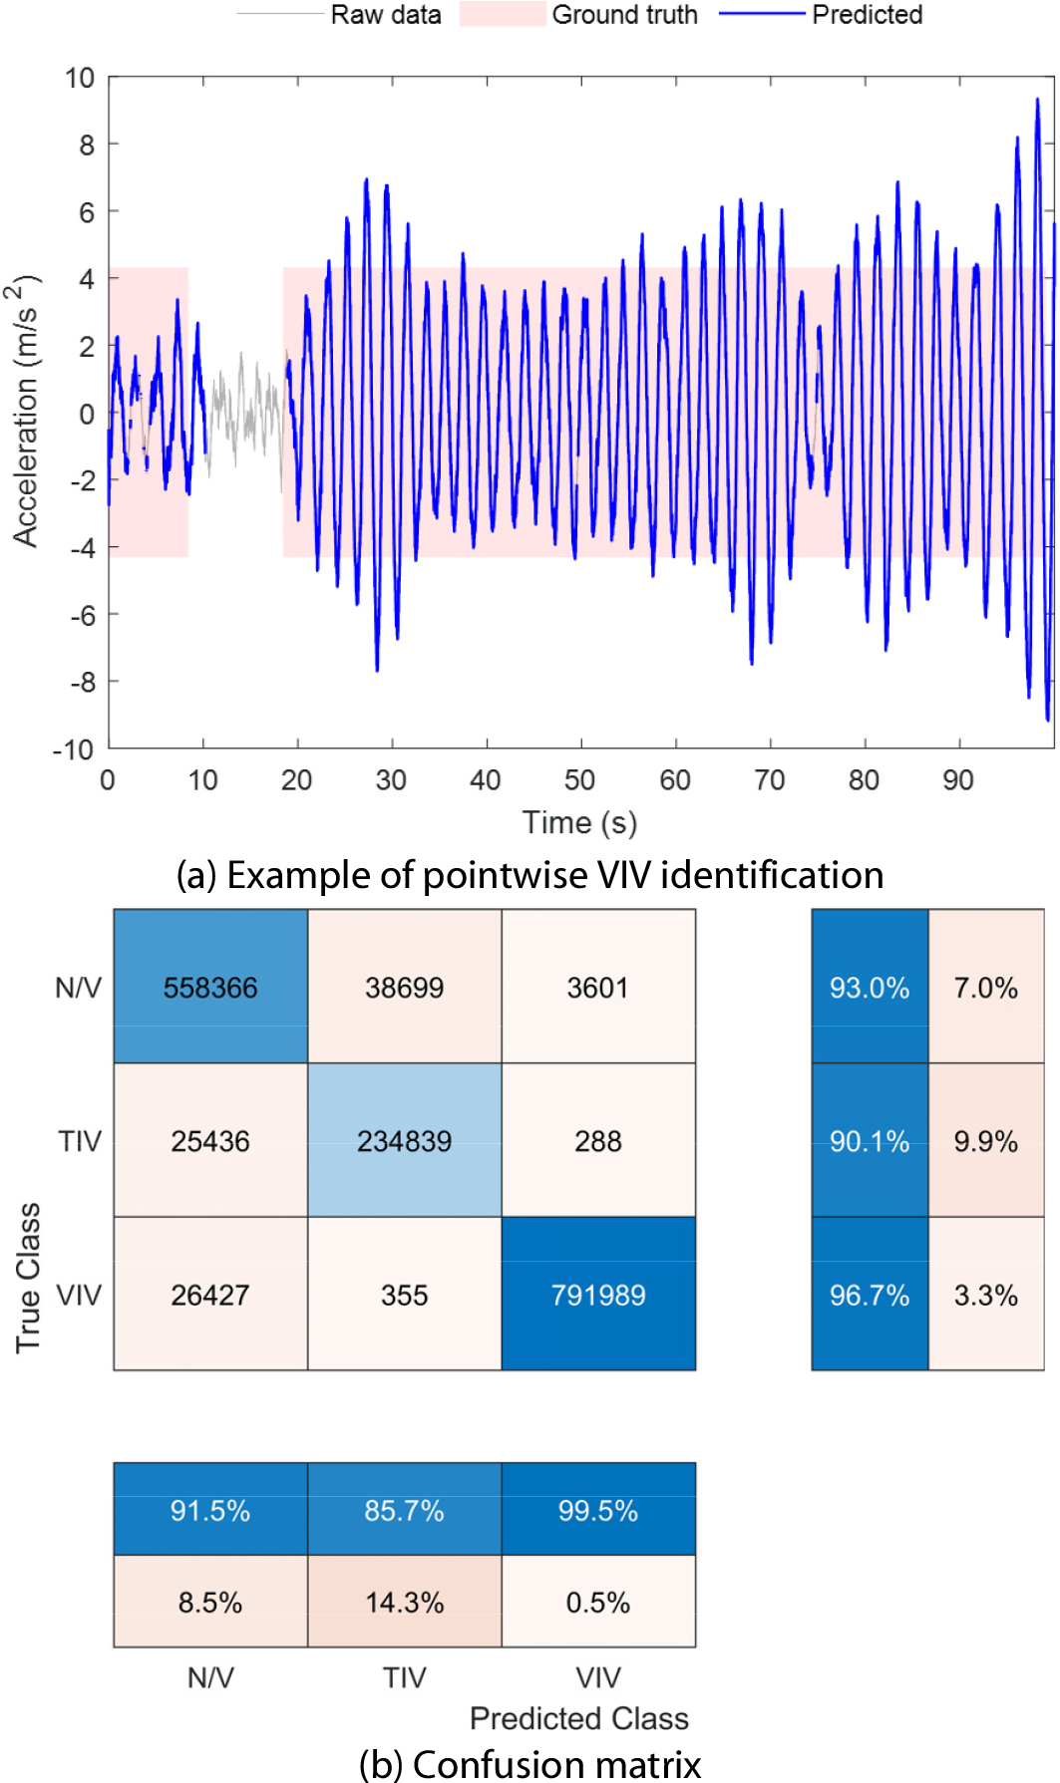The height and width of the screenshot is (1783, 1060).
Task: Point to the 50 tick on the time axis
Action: (x=580, y=779)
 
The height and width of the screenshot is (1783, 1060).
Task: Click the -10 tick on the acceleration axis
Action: (x=73, y=749)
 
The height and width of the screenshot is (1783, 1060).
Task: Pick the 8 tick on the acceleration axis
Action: (x=87, y=146)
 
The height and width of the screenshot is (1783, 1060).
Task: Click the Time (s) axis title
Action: (x=579, y=822)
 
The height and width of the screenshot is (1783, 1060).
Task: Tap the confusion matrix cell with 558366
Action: (x=210, y=987)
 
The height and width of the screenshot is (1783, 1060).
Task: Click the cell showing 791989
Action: (x=598, y=1294)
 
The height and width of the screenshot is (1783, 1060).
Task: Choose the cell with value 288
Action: (x=598, y=1140)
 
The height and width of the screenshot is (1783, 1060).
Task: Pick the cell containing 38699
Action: (x=404, y=987)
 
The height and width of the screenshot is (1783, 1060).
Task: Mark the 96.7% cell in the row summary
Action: (x=870, y=1294)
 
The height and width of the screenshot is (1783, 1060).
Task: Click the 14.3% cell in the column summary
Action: (x=404, y=1602)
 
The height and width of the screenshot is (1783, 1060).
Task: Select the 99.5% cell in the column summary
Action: (x=598, y=1510)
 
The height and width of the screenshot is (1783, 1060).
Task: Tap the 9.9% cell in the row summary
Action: (x=985, y=1140)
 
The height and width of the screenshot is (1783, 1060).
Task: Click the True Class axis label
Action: (x=28, y=1278)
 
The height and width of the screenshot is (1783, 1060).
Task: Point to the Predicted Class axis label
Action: (x=579, y=1718)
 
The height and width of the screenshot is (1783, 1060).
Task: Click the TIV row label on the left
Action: (x=80, y=1140)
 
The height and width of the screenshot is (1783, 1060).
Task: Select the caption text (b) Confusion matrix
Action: (x=530, y=1763)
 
